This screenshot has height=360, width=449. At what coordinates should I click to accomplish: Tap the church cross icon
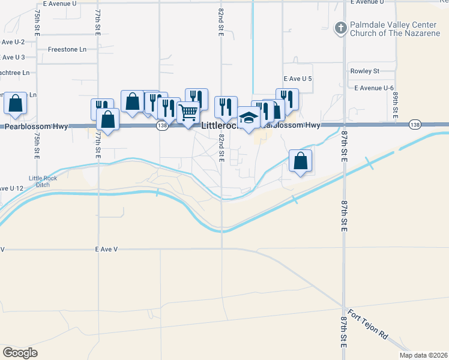(x=340, y=28)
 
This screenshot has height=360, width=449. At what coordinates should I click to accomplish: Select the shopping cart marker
(x=188, y=112)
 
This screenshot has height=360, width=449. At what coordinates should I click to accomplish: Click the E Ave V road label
(x=107, y=248)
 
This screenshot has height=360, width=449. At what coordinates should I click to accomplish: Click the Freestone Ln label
(x=67, y=49)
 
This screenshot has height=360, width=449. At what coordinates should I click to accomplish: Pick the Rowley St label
(x=364, y=71)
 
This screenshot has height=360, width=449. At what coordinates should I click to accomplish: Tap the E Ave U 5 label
(x=298, y=79)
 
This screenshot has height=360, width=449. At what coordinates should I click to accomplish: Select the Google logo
(x=20, y=353)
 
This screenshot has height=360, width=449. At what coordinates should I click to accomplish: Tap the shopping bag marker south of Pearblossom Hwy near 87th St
(x=300, y=161)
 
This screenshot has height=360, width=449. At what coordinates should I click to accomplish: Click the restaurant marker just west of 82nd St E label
(x=196, y=99)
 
